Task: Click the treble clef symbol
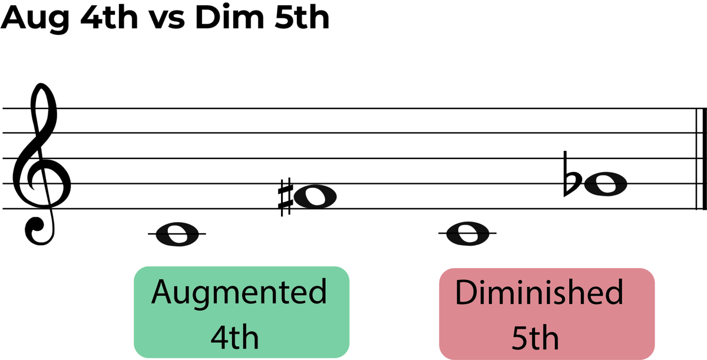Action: tap(41, 164)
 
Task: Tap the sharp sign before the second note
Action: tap(285, 197)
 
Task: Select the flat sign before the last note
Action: tap(572, 174)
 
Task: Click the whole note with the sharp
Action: tap(315, 197)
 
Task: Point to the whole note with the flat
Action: tap(606, 184)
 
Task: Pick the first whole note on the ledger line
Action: tap(177, 234)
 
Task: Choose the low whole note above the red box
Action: tap(467, 233)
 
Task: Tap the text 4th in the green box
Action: tap(234, 337)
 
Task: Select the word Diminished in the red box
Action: tap(539, 292)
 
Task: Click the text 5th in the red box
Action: tap(535, 338)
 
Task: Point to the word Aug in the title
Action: tap(35, 18)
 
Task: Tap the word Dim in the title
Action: tap(229, 17)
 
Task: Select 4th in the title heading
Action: tap(109, 17)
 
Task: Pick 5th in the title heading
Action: tap(302, 17)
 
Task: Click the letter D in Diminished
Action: tap(465, 292)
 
